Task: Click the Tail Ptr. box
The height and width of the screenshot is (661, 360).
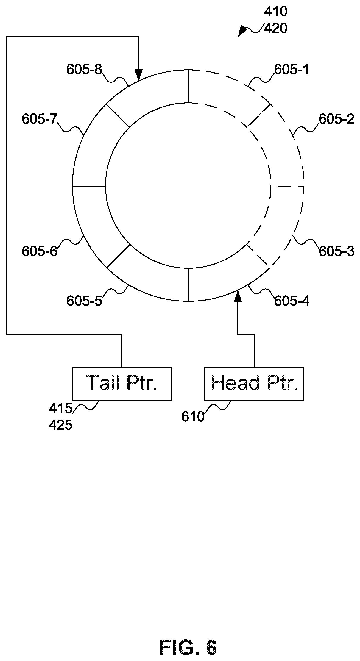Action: point(122,384)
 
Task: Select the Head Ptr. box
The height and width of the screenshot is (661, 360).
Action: point(254,384)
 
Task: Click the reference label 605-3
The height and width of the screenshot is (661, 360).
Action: point(336,251)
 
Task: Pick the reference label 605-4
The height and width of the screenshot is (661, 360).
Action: point(292,301)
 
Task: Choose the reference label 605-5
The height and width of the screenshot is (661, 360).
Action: point(84,301)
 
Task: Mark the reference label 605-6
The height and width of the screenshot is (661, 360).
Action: point(40,251)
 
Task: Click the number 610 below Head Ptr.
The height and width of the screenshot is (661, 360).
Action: point(193,417)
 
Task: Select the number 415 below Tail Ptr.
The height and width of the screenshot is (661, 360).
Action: point(61,408)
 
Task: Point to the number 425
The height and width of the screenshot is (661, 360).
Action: point(61,425)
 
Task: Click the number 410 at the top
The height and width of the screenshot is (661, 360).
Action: point(276,12)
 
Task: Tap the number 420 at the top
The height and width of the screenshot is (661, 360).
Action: point(276,29)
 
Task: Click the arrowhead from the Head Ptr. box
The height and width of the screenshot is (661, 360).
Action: point(238,296)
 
